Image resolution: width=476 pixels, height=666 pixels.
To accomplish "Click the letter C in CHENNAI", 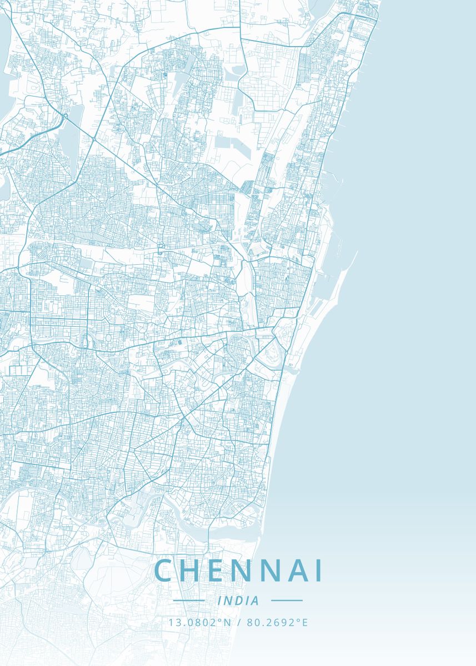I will [x=164, y=571].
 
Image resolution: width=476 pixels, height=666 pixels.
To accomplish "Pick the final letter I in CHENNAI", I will [x=318, y=571].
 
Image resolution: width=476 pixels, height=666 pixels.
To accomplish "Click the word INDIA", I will [x=238, y=601].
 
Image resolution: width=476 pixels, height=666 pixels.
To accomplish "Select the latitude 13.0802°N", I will [x=199, y=623].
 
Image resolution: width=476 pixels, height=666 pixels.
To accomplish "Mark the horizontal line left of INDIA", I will [x=189, y=601].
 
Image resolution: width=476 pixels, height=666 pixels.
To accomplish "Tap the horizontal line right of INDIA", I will [x=287, y=601].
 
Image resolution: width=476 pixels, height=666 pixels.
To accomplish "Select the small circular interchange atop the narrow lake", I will [x=66, y=117].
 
